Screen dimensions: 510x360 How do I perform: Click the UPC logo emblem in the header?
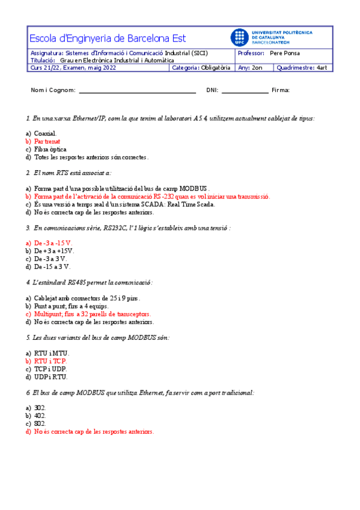click(239, 37)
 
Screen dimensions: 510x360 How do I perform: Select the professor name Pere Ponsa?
click(285, 53)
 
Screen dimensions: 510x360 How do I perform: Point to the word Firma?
click(281, 90)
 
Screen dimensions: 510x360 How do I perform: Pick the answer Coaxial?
click(45, 134)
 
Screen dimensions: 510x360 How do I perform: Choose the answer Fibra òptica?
click(50, 149)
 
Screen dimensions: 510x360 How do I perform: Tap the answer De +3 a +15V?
click(53, 251)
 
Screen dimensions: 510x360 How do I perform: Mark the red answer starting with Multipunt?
click(92, 314)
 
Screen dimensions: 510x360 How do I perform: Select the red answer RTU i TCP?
click(50, 361)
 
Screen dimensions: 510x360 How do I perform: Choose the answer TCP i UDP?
click(50, 369)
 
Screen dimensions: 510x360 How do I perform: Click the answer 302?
click(40, 408)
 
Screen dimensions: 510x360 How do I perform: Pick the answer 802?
click(40, 423)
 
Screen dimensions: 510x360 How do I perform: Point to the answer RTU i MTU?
click(51, 353)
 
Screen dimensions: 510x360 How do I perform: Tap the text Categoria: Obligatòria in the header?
click(201, 68)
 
